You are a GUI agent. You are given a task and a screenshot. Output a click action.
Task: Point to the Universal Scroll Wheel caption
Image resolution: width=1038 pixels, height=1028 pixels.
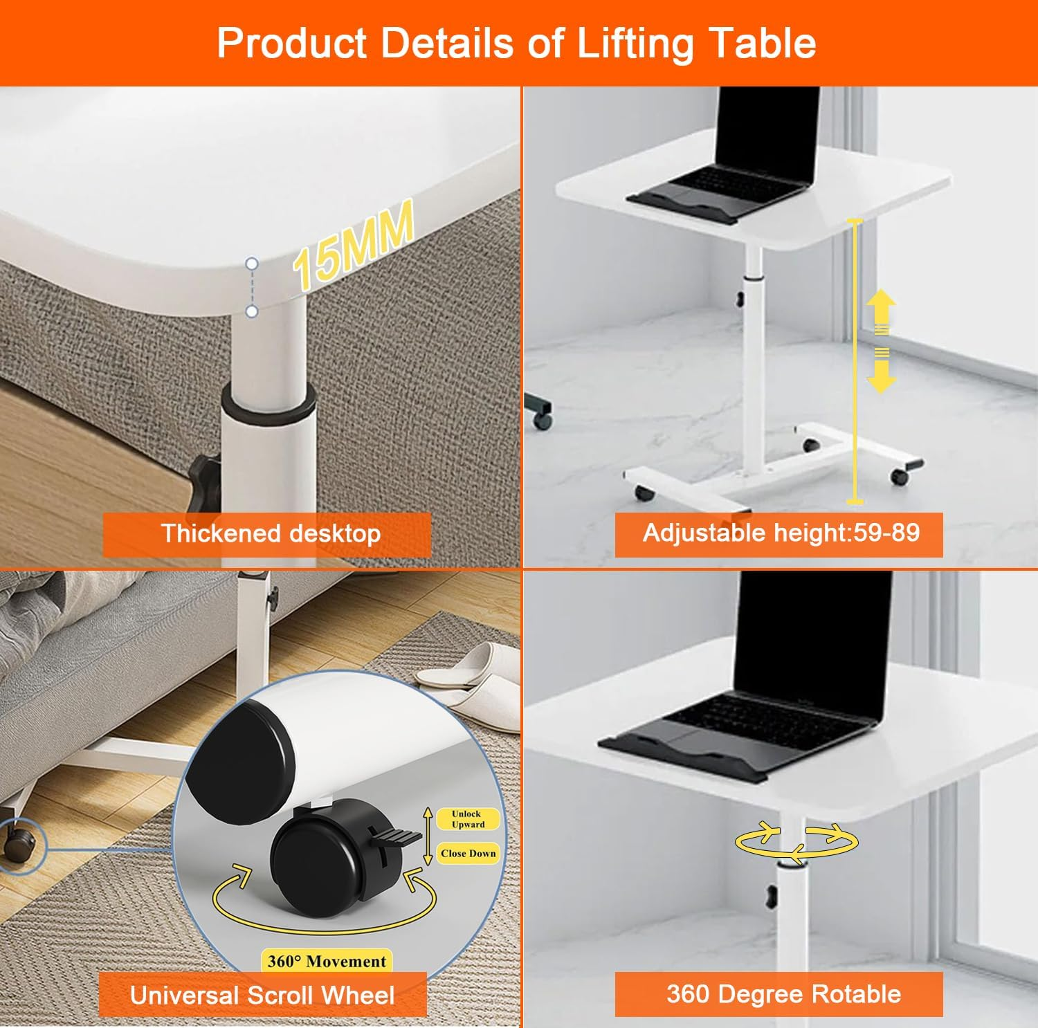262,995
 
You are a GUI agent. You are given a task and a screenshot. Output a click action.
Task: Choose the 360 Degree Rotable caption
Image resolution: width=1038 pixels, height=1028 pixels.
783,994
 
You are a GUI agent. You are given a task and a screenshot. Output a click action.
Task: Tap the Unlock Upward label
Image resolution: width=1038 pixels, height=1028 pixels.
468,819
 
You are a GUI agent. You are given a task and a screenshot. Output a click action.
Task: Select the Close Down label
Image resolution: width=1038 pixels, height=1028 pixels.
468,854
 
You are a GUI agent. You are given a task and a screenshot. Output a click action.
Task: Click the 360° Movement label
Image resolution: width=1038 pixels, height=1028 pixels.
327,961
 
